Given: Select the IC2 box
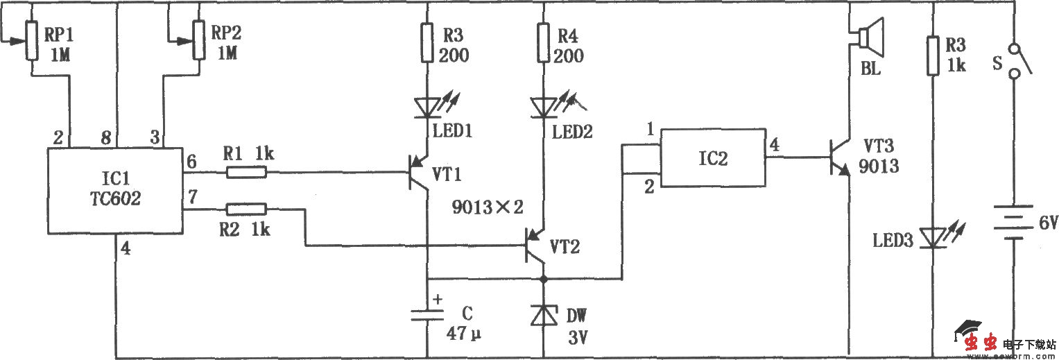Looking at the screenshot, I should pyautogui.click(x=713, y=158).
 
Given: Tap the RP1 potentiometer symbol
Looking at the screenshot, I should pyautogui.click(x=32, y=40).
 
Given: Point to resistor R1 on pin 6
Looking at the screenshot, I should pyautogui.click(x=246, y=171).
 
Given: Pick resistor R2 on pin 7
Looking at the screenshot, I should pyautogui.click(x=246, y=208).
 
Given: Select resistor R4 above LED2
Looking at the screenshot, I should pyautogui.click(x=544, y=41).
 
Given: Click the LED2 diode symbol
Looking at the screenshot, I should pyautogui.click(x=544, y=108).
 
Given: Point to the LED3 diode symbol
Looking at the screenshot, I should pyautogui.click(x=933, y=239).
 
